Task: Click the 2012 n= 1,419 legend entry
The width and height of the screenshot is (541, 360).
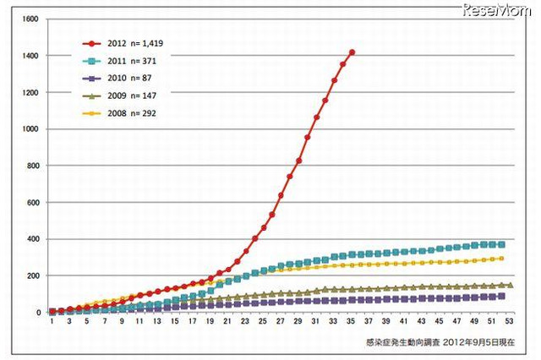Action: [127, 42]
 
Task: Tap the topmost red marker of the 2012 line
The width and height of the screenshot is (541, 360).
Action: [352, 52]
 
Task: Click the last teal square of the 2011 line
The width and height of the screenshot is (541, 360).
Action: [502, 244]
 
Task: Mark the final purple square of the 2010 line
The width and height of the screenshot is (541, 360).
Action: [502, 296]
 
